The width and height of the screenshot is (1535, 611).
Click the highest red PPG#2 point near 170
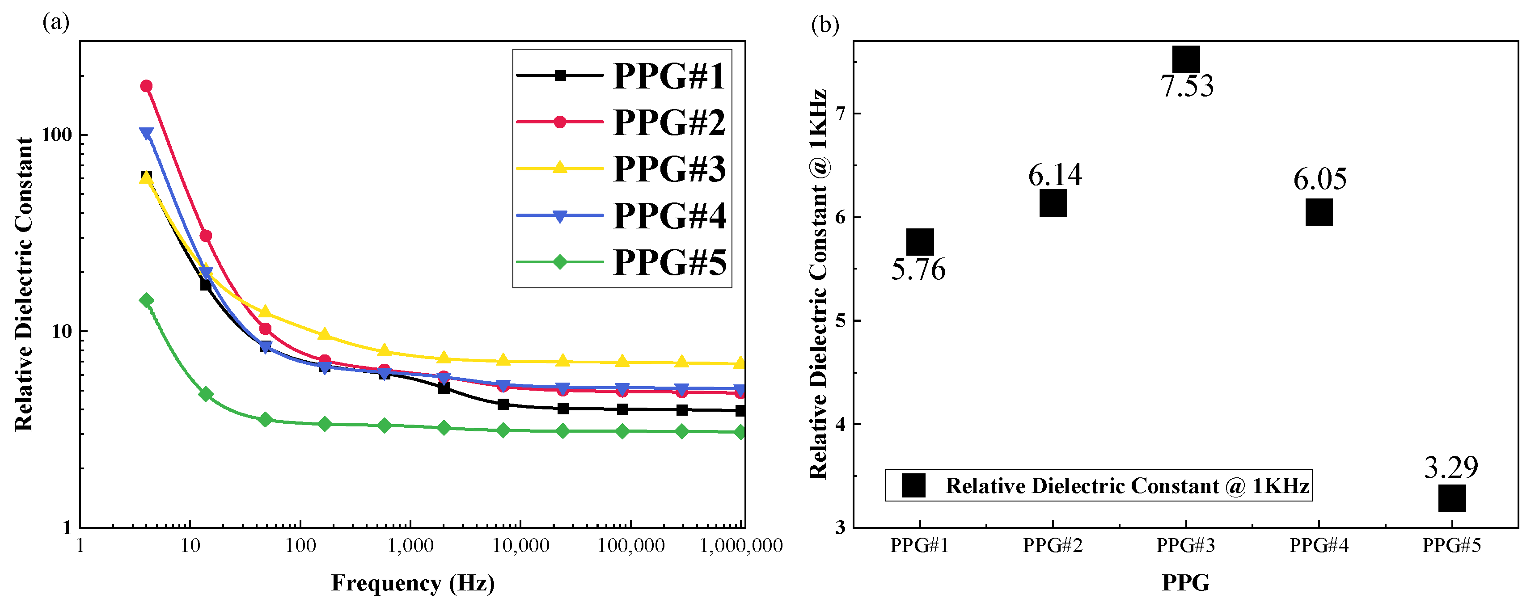(146, 86)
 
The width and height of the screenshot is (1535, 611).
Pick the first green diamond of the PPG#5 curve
(146, 300)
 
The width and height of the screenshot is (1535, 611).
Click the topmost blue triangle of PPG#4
(146, 133)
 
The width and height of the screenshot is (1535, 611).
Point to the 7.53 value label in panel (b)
(1186, 86)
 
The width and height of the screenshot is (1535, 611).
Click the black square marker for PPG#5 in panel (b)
(1451, 498)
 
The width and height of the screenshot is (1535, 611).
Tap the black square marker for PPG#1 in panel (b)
(919, 242)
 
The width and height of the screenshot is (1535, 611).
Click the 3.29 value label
(1451, 468)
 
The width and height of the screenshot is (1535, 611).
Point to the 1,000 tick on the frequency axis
(410, 545)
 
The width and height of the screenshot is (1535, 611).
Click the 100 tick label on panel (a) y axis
(56, 135)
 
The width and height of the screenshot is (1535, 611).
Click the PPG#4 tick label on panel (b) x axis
(1319, 545)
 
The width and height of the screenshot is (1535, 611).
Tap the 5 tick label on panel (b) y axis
(840, 321)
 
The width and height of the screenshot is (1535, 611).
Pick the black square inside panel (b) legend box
(913, 485)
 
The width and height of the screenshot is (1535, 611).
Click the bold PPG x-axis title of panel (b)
(1186, 582)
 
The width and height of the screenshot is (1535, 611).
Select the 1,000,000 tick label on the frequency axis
(741, 545)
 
